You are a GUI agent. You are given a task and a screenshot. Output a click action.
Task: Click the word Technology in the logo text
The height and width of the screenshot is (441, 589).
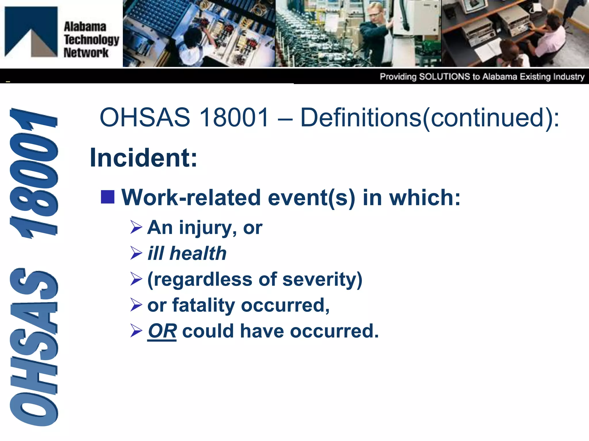[x=91, y=40]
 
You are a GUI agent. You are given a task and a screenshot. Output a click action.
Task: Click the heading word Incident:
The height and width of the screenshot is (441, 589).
[x=144, y=158]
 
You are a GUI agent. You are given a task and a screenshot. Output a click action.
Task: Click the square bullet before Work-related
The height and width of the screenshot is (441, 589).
[x=108, y=197]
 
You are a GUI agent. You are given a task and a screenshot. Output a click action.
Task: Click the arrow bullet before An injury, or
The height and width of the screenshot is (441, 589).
[x=136, y=227]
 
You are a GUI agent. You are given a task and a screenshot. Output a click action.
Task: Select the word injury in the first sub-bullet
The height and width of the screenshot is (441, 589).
[x=206, y=228]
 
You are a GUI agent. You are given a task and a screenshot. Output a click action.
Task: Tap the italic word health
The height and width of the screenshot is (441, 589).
[x=198, y=254]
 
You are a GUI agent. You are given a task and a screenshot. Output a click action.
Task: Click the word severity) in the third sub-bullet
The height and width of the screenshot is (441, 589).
[x=322, y=279]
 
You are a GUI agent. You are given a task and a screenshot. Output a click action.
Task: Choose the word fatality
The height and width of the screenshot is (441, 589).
[x=204, y=305]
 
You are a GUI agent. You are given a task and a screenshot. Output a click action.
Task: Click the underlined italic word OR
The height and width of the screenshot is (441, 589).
[x=162, y=331]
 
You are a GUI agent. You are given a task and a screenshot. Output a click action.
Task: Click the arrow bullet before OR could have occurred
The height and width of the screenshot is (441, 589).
[x=136, y=331]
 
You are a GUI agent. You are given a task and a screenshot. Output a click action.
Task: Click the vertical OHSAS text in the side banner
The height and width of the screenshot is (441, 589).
[x=34, y=347]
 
